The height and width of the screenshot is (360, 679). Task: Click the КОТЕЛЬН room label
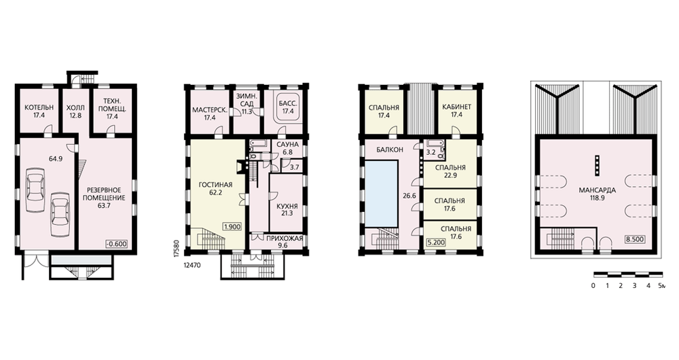[x=39, y=107]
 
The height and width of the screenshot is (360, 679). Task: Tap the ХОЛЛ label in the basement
[x=75, y=107]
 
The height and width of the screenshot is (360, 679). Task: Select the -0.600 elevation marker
[x=117, y=244]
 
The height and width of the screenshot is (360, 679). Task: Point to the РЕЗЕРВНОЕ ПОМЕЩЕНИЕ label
[x=104, y=194]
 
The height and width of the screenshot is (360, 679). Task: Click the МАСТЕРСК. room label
[x=210, y=110]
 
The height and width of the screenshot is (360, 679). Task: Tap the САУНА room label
[x=287, y=144]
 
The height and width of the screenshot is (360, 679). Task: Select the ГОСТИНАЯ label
[x=216, y=185]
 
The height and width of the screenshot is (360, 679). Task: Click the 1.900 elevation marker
[x=232, y=227]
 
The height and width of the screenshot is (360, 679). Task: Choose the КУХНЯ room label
[x=287, y=206]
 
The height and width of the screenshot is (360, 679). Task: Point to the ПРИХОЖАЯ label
[x=284, y=238]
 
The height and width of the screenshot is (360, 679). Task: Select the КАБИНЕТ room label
[x=456, y=107]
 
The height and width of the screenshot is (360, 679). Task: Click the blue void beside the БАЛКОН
[x=382, y=193]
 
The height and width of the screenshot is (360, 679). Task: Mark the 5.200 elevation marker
[x=436, y=242]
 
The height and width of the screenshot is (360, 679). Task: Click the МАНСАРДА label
[x=597, y=190]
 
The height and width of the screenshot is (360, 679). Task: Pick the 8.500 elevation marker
[x=635, y=239]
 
